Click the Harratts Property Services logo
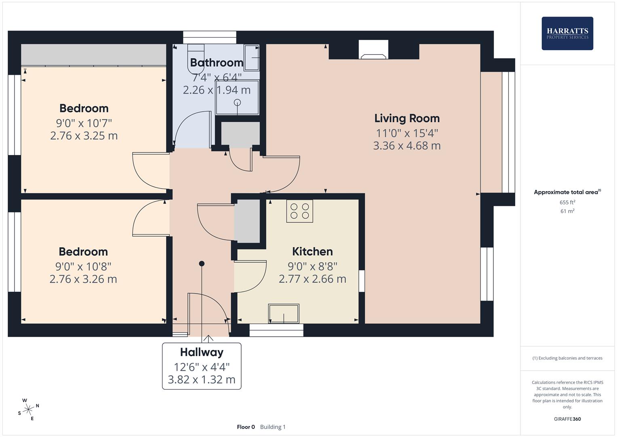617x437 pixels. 567,33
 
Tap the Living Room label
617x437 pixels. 407,118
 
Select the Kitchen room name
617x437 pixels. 312,252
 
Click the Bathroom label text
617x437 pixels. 217,63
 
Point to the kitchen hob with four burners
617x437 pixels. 299,211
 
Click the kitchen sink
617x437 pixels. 283,314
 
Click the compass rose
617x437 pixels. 28,409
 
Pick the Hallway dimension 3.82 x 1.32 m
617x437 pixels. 202,380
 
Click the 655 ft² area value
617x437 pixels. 567,202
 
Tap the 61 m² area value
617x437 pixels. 567,211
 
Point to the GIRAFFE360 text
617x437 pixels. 567,419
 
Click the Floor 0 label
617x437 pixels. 246,427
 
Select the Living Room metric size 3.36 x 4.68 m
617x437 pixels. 407,146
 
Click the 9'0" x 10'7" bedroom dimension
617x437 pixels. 84,123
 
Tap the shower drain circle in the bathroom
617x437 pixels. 237,103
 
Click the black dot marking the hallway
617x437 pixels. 202,264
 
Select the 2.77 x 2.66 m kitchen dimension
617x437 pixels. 312,279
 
